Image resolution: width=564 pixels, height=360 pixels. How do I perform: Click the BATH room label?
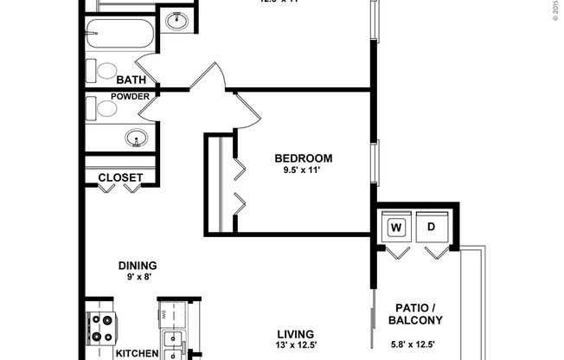119,80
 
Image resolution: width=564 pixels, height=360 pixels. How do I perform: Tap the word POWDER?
130,96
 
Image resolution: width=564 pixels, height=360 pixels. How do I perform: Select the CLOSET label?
120,177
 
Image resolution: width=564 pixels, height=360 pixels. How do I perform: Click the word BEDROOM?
304,158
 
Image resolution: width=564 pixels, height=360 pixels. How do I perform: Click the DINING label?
138,266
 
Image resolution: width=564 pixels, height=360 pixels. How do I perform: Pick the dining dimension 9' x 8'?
138,278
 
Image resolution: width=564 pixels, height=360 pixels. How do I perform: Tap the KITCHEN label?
137,353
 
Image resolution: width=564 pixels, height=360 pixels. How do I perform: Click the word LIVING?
295,334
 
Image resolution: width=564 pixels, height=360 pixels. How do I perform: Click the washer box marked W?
397,228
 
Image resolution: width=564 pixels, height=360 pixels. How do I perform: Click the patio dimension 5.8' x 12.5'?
420,344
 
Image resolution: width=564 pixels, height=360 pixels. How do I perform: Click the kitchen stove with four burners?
102,327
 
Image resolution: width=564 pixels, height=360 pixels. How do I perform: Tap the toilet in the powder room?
104,107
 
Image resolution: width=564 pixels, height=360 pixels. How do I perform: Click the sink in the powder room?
136,137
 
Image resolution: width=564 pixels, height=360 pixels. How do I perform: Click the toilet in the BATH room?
104,70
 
